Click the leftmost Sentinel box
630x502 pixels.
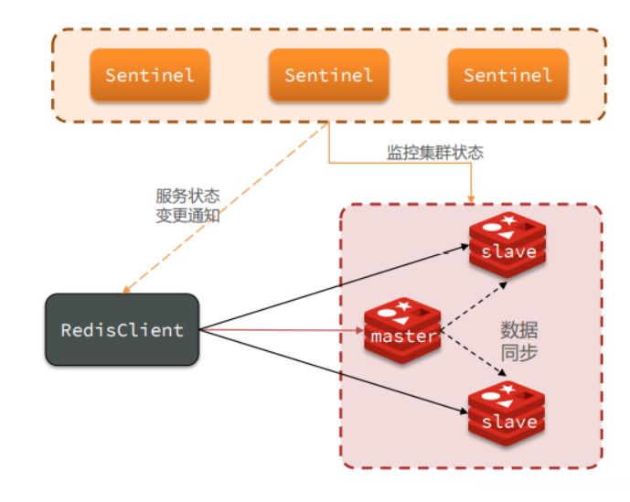point(150,75)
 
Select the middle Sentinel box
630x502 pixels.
point(329,75)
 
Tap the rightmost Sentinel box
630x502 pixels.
point(507,75)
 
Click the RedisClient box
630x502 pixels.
point(123,330)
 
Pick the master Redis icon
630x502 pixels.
point(403,330)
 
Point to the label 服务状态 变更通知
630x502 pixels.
point(187,206)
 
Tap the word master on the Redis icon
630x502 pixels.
point(403,336)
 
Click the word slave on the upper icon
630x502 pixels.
point(508,251)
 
